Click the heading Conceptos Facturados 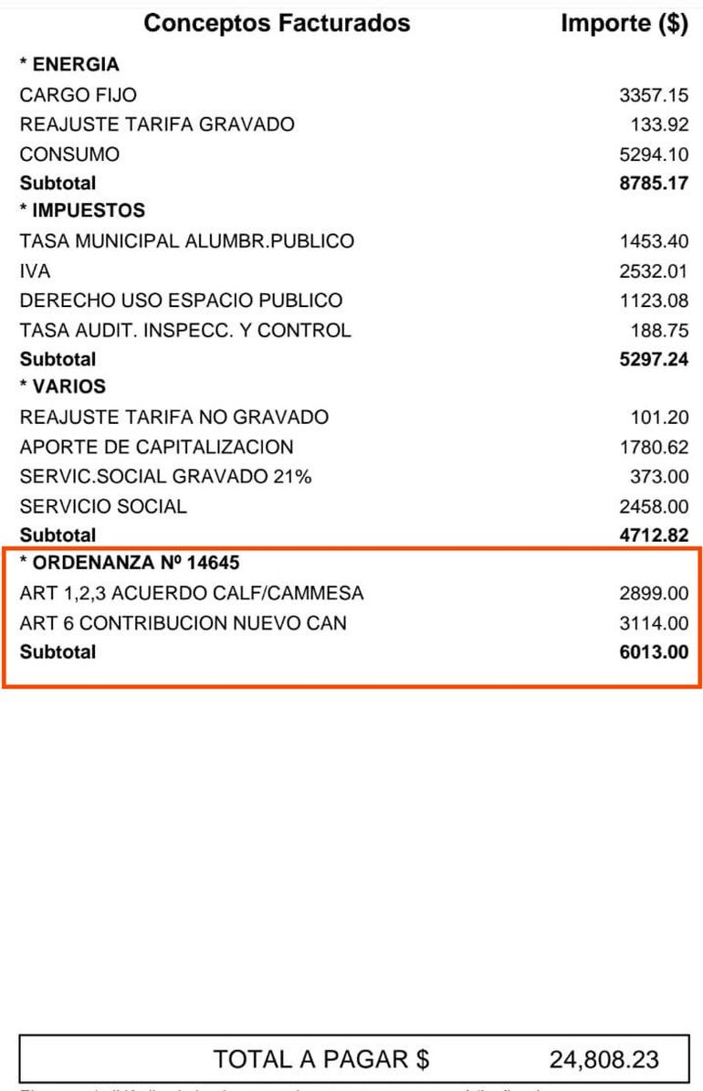pyautogui.click(x=277, y=23)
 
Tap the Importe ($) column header pyautogui.click(x=624, y=23)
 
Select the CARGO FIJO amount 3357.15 pyautogui.click(x=654, y=95)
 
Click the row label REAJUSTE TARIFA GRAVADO pyautogui.click(x=157, y=124)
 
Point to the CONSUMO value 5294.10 pyautogui.click(x=654, y=154)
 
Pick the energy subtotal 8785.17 pyautogui.click(x=654, y=183)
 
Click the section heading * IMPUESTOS pyautogui.click(x=82, y=210)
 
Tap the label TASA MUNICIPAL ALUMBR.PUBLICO pyautogui.click(x=186, y=241)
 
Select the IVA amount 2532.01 pyautogui.click(x=654, y=271)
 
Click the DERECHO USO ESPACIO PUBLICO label pyautogui.click(x=181, y=300)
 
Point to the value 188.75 pyautogui.click(x=659, y=330)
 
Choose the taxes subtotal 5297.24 pyautogui.click(x=654, y=359)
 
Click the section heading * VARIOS pyautogui.click(x=63, y=387)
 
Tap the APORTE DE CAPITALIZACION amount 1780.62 pyautogui.click(x=654, y=447)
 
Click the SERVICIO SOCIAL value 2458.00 pyautogui.click(x=654, y=506)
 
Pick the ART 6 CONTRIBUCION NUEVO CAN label pyautogui.click(x=183, y=623)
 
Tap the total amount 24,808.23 pyautogui.click(x=603, y=1059)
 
